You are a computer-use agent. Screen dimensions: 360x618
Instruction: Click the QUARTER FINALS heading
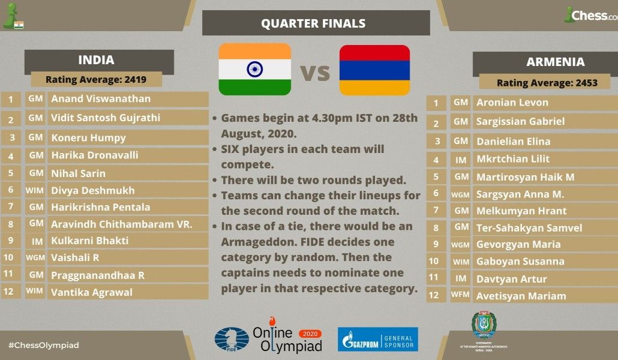[313, 23]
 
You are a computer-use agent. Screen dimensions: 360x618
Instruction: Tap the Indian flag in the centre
[254, 69]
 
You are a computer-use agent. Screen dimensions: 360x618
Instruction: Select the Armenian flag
[374, 70]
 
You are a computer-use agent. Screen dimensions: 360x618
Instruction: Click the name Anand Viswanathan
[101, 98]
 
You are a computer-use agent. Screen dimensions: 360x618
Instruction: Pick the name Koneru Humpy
[88, 137]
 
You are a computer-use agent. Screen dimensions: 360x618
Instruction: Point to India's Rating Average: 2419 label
[96, 79]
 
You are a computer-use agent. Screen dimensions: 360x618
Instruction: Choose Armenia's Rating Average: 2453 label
[547, 83]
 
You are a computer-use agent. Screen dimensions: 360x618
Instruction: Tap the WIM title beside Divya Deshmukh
[35, 190]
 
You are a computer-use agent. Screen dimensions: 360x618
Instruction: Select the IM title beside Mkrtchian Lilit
[461, 160]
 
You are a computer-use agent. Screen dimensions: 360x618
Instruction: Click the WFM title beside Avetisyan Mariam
[461, 295]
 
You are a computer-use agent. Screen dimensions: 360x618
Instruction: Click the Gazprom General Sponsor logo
[377, 339]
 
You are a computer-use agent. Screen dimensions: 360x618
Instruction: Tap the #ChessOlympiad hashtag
[44, 345]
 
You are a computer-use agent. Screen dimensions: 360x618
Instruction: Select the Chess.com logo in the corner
[591, 15]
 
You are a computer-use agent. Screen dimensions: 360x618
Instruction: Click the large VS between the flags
[315, 73]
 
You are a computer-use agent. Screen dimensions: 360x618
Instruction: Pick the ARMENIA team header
[555, 62]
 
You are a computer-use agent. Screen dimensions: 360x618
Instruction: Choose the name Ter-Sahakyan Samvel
[529, 227]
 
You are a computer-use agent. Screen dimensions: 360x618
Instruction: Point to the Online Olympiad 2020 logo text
[287, 340]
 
